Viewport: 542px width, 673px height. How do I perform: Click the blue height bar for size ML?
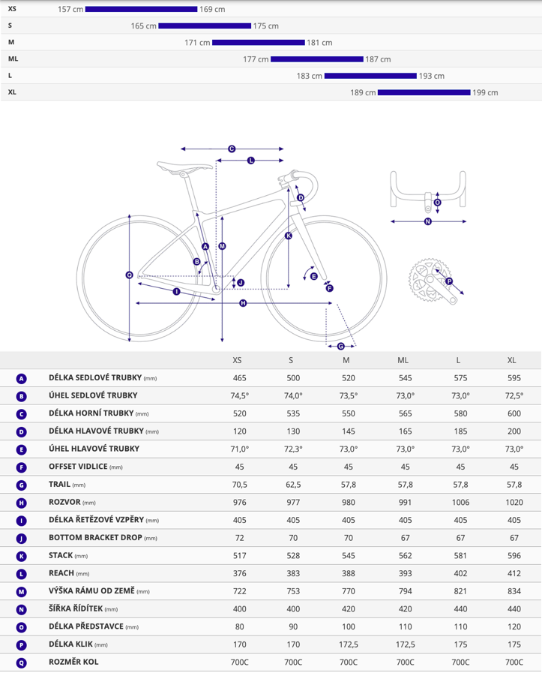pyautogui.click(x=317, y=59)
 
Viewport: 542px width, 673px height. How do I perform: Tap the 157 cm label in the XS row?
pyautogui.click(x=70, y=9)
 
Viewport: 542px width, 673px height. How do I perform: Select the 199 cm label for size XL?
pyautogui.click(x=485, y=92)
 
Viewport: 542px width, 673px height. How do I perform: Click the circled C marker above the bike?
pyautogui.click(x=232, y=149)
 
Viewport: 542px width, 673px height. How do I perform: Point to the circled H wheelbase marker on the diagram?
pyautogui.click(x=243, y=303)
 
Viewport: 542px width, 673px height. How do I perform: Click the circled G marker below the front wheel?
pyautogui.click(x=341, y=346)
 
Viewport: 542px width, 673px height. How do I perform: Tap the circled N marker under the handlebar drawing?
pyautogui.click(x=427, y=221)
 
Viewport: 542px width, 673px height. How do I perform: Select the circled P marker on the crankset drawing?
pyautogui.click(x=449, y=281)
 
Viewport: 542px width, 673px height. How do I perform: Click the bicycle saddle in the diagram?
pyautogui.click(x=184, y=167)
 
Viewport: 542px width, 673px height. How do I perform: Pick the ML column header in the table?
pyautogui.click(x=403, y=360)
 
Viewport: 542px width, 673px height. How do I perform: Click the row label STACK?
pyautogui.click(x=61, y=555)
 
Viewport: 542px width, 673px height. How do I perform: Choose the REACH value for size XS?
pyautogui.click(x=239, y=573)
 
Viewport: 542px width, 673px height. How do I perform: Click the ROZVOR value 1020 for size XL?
pyautogui.click(x=514, y=502)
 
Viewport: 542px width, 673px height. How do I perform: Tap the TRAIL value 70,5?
pyautogui.click(x=239, y=485)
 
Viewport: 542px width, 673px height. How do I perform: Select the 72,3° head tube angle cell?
pyautogui.click(x=293, y=449)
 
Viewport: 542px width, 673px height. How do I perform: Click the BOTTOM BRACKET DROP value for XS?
pyautogui.click(x=239, y=538)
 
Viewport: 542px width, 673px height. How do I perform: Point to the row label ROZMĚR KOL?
pyautogui.click(x=73, y=662)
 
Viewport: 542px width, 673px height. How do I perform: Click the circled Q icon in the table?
pyautogui.click(x=21, y=662)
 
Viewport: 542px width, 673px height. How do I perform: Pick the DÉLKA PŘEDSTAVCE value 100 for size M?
pyautogui.click(x=348, y=626)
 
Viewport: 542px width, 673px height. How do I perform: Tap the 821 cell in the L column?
pyautogui.click(x=460, y=591)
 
